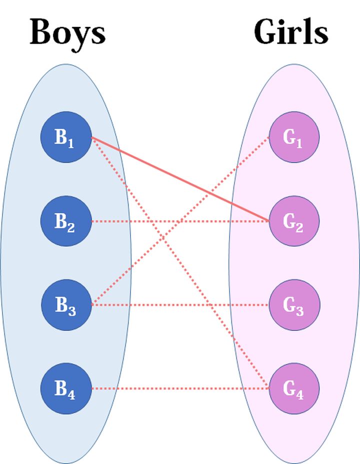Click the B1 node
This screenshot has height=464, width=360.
click(x=66, y=137)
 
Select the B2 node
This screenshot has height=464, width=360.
click(x=66, y=221)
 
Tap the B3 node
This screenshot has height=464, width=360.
click(x=66, y=305)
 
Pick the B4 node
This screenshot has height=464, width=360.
click(x=66, y=388)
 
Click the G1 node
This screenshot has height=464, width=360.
click(x=294, y=137)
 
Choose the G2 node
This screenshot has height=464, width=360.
click(x=294, y=221)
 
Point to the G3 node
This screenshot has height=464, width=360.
click(x=294, y=305)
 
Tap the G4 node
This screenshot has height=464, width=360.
click(x=294, y=388)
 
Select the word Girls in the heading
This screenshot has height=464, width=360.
click(x=291, y=32)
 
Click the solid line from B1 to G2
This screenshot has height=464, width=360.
click(x=180, y=179)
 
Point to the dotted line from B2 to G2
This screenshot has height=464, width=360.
click(x=180, y=221)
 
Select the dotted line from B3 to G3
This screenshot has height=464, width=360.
click(x=180, y=305)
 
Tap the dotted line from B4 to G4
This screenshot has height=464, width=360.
click(x=180, y=388)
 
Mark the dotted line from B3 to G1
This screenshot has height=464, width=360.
click(x=180, y=221)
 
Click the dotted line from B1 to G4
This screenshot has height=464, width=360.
click(x=180, y=263)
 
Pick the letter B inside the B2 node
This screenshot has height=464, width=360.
click(x=60, y=221)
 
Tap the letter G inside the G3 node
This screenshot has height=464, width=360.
click(x=289, y=304)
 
